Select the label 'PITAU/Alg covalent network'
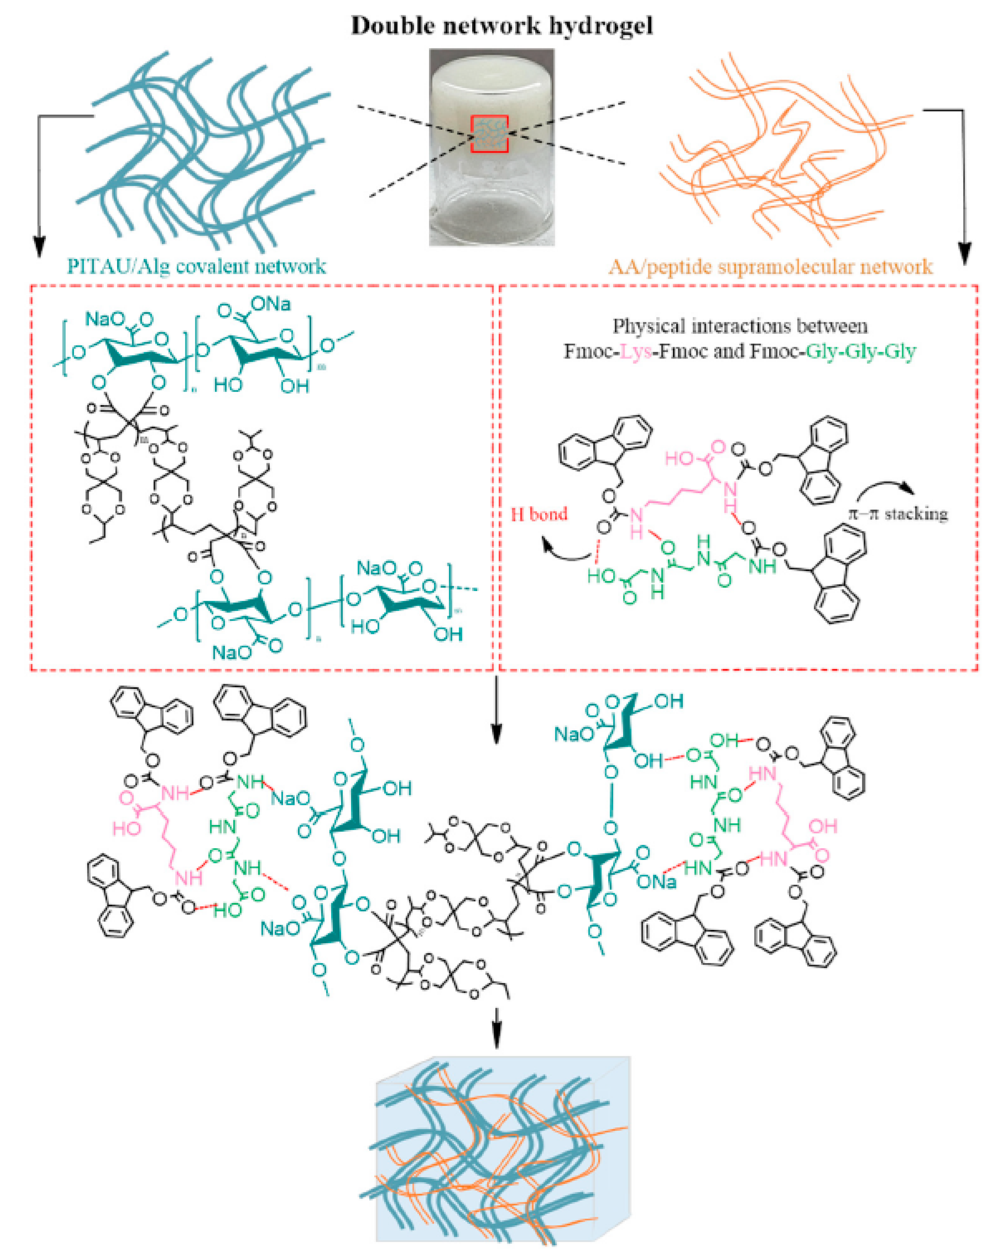pos(196,266)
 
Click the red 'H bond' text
pos(538,514)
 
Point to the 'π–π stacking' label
pos(898,514)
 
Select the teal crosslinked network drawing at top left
pos(203,151)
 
